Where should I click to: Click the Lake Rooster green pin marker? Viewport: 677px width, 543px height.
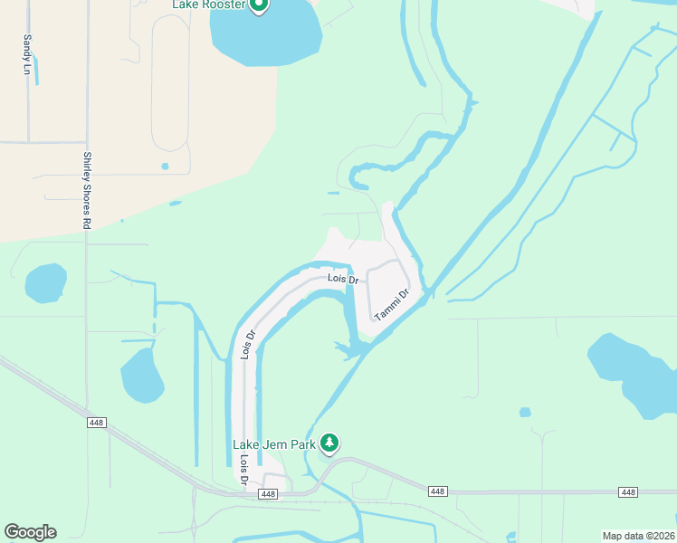(259, 5)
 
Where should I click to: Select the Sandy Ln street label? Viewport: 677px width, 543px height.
(27, 53)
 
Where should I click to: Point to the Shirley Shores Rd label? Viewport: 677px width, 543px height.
(88, 189)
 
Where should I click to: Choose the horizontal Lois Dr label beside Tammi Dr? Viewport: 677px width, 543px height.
(343, 281)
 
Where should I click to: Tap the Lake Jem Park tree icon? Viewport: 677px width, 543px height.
(331, 443)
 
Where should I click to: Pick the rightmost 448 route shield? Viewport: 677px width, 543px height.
(628, 491)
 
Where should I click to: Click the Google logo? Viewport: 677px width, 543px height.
(30, 532)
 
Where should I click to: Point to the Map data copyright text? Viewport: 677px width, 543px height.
(638, 536)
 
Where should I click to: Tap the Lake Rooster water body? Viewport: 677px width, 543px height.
(266, 36)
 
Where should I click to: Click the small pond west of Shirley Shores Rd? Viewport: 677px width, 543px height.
(45, 283)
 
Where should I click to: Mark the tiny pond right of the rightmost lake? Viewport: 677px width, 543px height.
(525, 413)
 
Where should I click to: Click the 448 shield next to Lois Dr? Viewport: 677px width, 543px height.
(267, 494)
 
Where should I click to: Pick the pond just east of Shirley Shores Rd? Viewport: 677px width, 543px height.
(142, 376)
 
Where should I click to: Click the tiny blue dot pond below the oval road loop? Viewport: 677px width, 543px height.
(165, 167)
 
